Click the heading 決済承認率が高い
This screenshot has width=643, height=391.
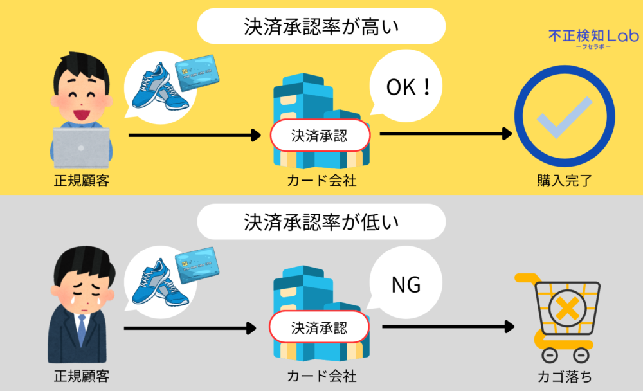(x=321, y=28)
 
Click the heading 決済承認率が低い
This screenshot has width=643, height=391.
(x=321, y=222)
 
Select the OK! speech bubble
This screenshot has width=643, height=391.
(x=408, y=87)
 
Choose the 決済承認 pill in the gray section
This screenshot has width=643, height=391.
(x=319, y=329)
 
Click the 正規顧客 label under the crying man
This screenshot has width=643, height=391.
(x=81, y=374)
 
